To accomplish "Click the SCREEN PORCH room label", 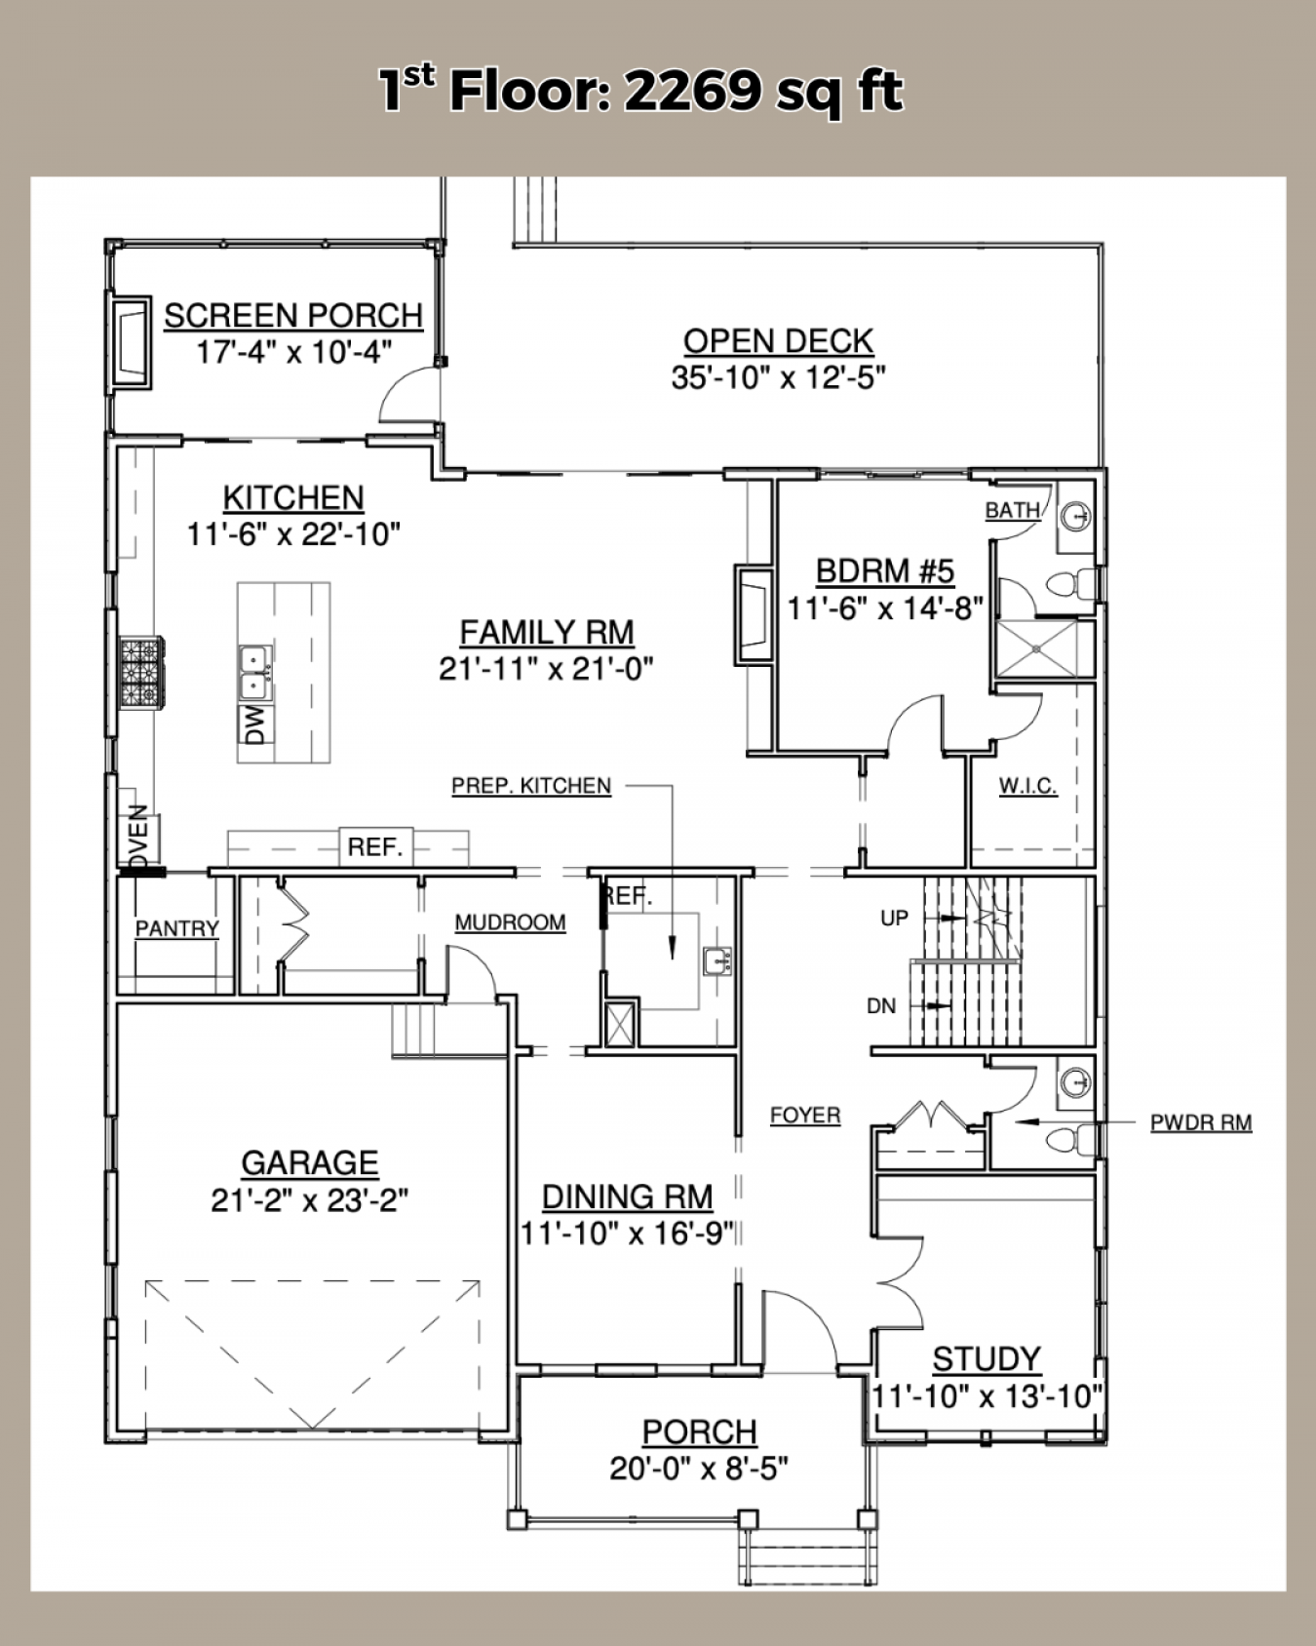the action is pos(293,316).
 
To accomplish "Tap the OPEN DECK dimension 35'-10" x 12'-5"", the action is pos(778,377).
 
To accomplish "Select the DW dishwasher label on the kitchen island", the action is pos(255,725).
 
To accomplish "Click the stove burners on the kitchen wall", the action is pos(141,671).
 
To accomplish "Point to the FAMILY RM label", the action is pos(547,633).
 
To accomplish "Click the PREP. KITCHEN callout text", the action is pos(531,786).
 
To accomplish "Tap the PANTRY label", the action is pos(176,928).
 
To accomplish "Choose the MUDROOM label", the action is pos(510,922).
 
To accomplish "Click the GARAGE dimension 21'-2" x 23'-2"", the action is pos(309,1200).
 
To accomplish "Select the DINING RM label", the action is pos(627,1196).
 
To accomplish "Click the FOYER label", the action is pos(805,1115).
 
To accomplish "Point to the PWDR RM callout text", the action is pos(1201,1122).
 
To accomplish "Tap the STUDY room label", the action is pos(987,1358).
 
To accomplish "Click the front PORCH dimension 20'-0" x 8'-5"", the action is pos(699,1468).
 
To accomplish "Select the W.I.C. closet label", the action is pos(1027,786).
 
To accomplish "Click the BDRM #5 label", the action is pos(885,570).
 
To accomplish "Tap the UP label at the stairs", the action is pos(894,918).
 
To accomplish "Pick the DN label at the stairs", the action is pos(881,1006).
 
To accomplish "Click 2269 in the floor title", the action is pos(692,92).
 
